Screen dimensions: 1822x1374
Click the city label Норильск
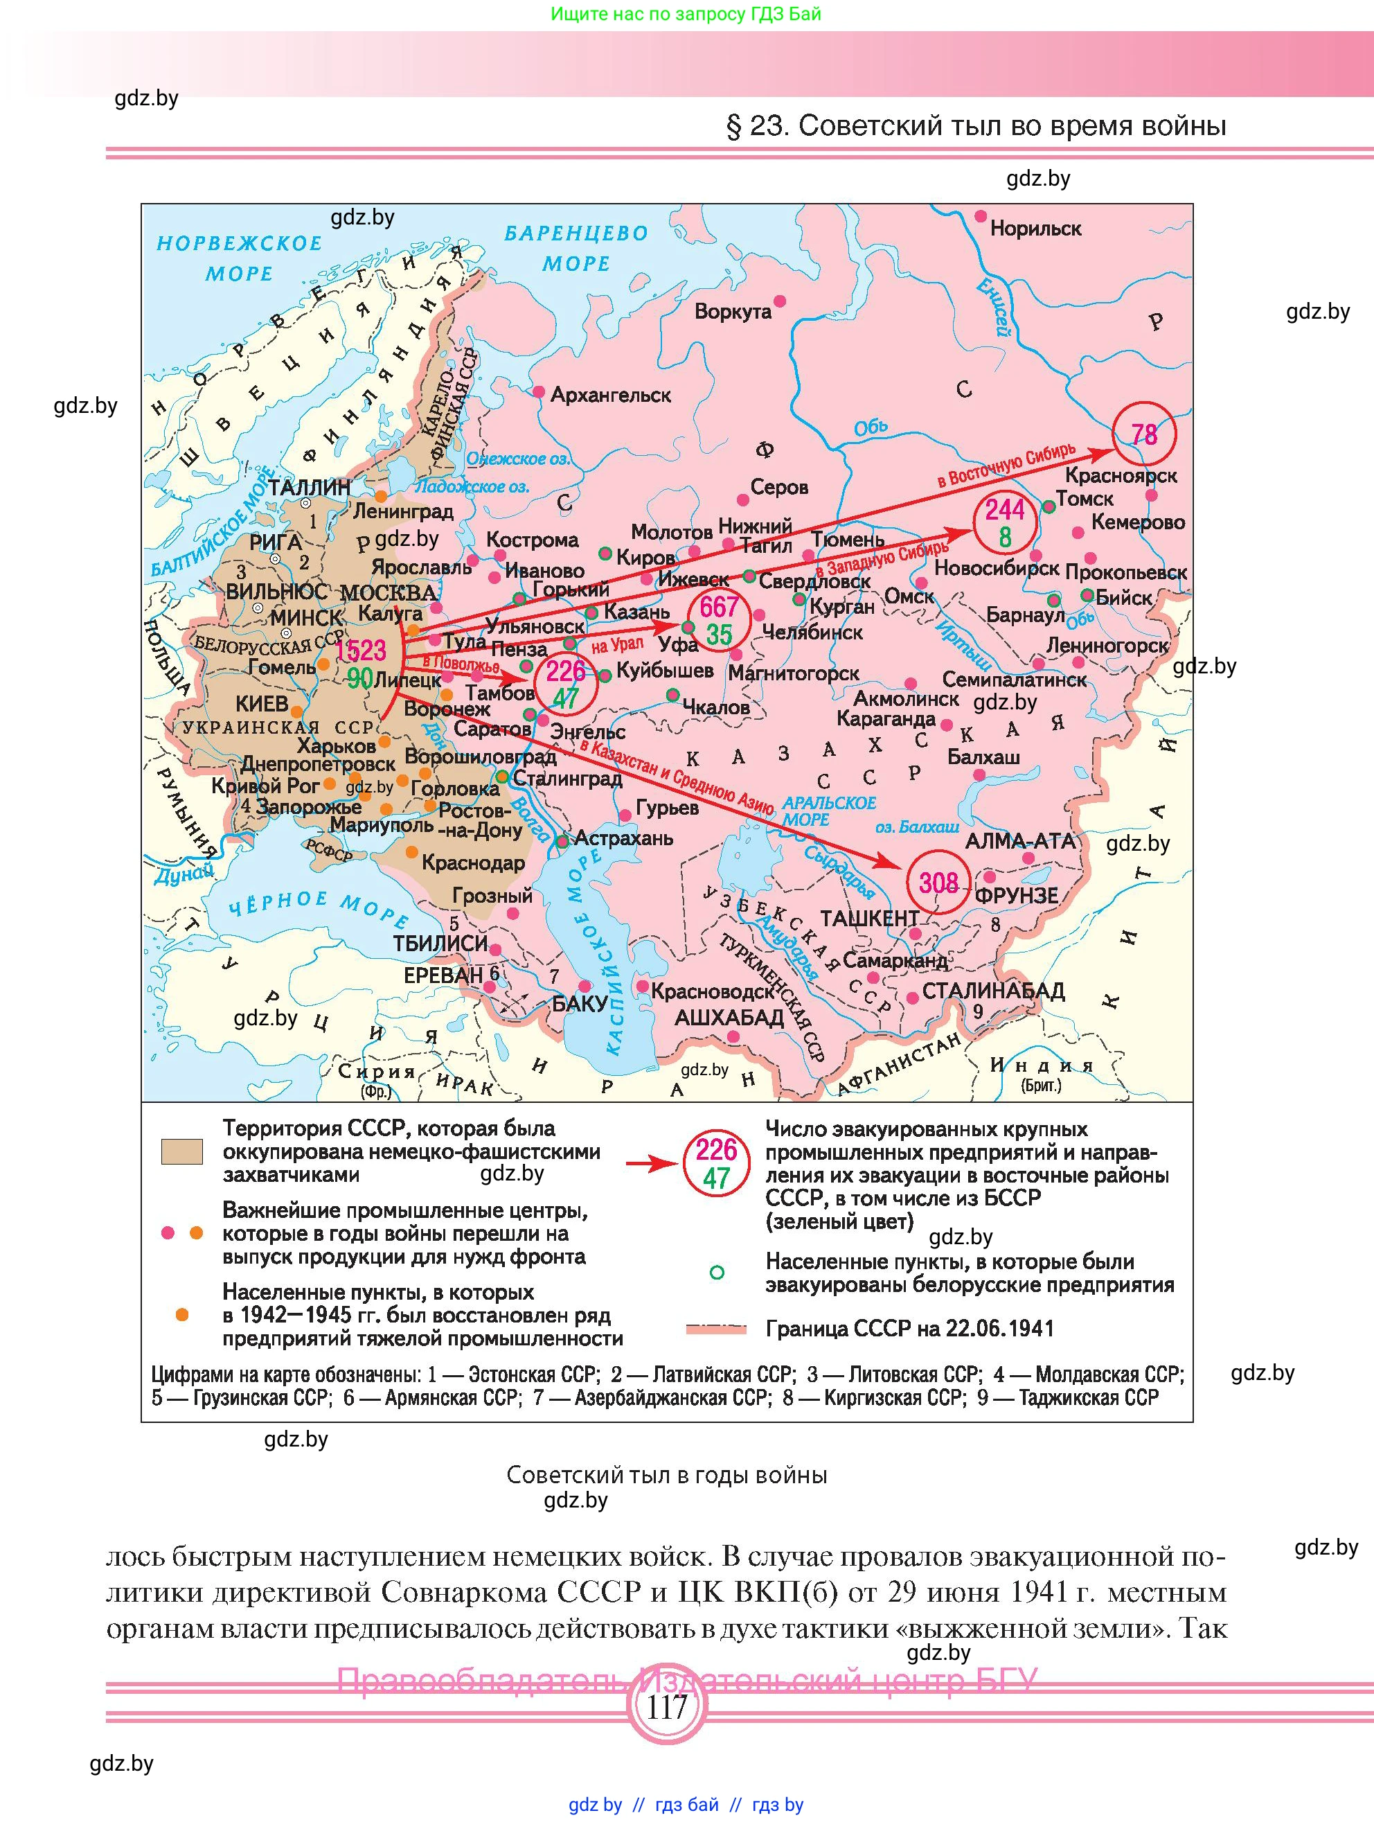click(1035, 229)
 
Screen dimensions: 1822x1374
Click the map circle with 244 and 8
click(1004, 523)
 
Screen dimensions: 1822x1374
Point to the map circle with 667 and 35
click(719, 620)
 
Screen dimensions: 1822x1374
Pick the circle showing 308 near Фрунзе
click(938, 883)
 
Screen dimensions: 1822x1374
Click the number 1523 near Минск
click(361, 650)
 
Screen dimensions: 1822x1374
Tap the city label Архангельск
click(610, 396)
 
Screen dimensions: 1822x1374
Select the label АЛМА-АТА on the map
click(1020, 841)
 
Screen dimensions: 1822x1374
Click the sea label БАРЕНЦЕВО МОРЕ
click(576, 248)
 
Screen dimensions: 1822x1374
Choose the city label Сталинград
click(567, 779)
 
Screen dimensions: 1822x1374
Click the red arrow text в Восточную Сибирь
click(1006, 466)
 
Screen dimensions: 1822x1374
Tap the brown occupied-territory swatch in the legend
click(181, 1151)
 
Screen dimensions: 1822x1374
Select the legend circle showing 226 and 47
click(715, 1163)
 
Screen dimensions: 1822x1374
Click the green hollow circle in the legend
click(717, 1273)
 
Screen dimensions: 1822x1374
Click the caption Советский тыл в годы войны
click(666, 1474)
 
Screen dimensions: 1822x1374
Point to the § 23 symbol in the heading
click(733, 126)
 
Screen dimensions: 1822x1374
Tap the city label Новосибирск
click(996, 568)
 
